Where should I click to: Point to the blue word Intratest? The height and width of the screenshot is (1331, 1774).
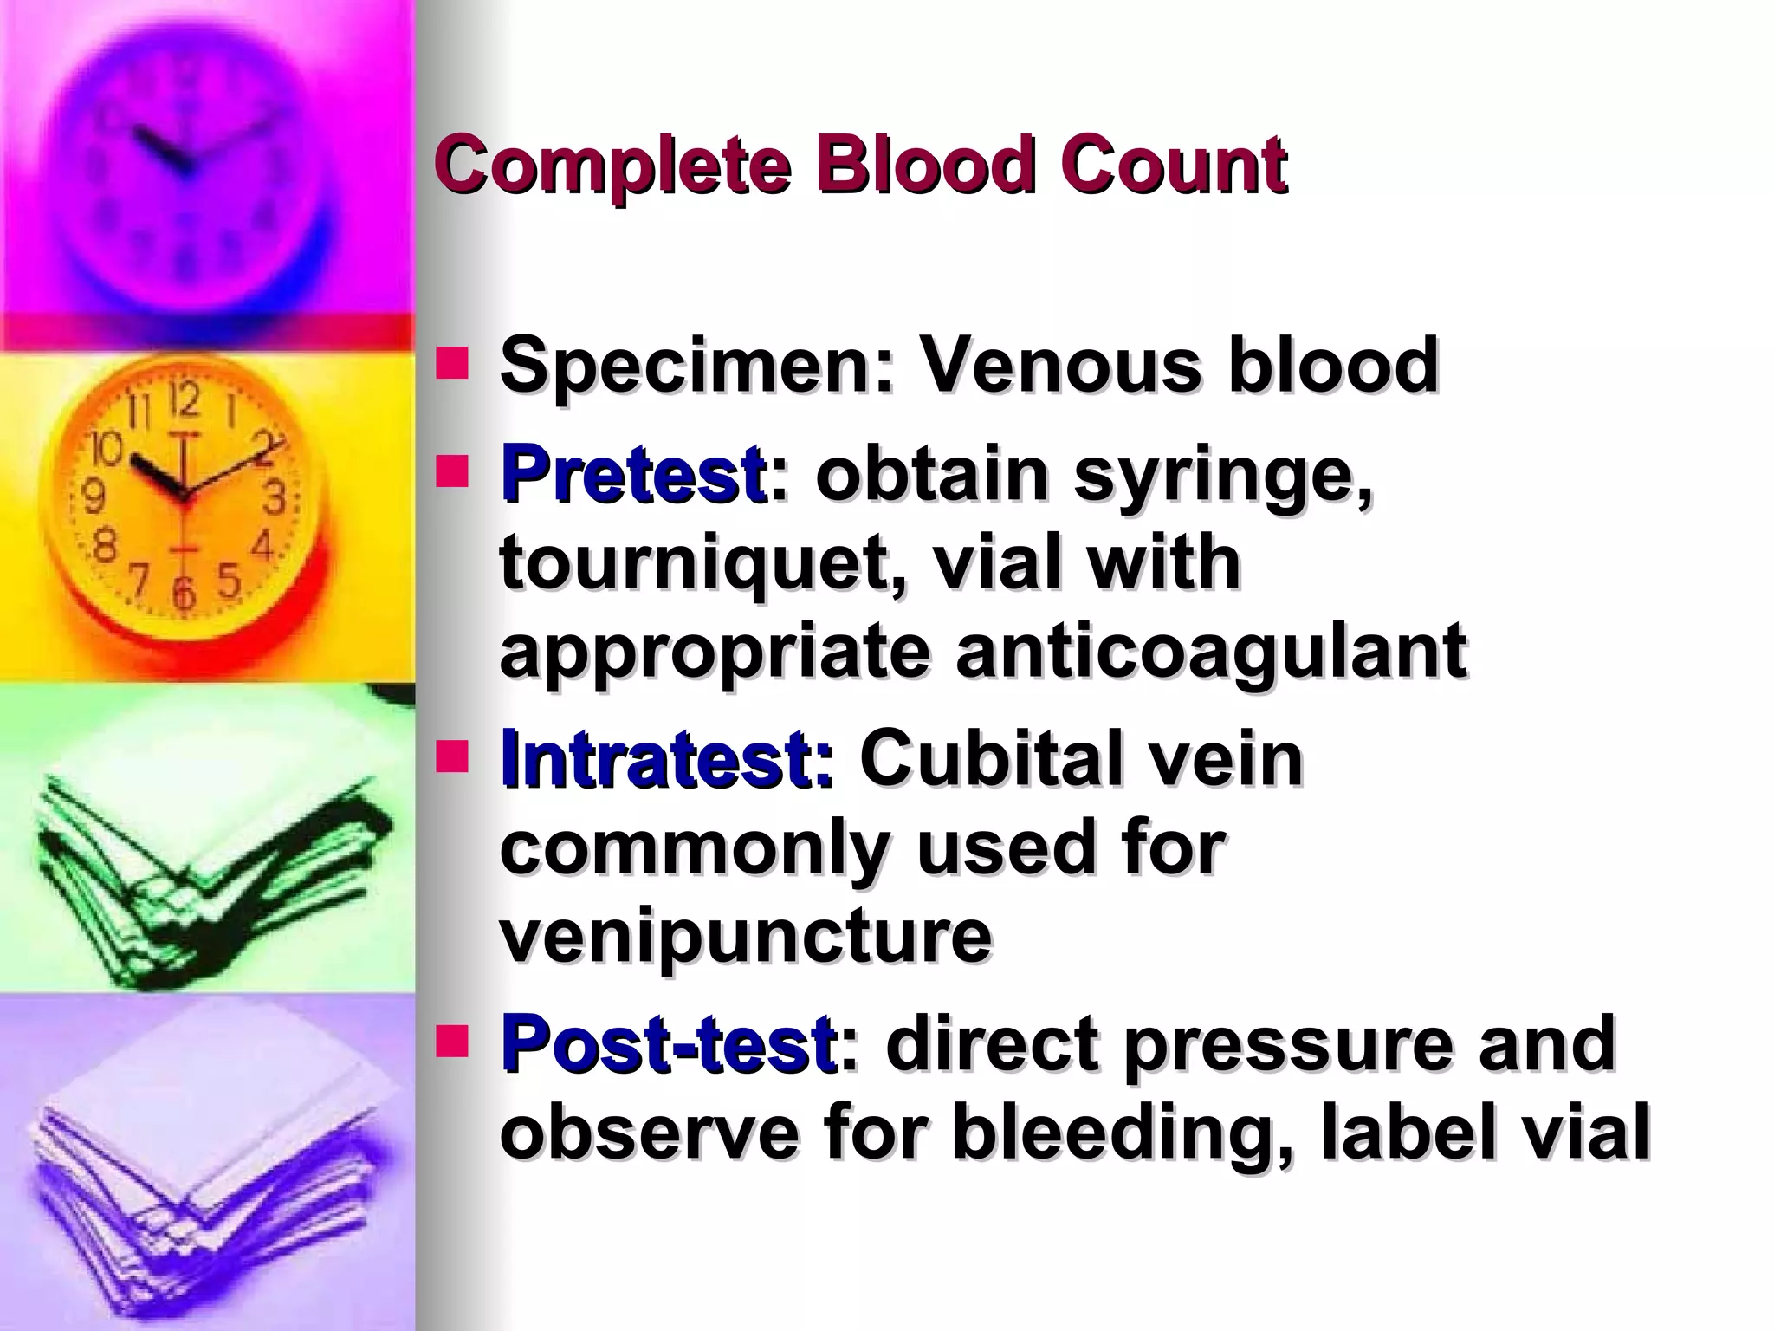click(x=666, y=759)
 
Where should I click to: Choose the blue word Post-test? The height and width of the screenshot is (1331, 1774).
click(x=668, y=1043)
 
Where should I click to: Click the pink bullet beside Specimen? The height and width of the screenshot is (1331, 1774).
click(x=451, y=363)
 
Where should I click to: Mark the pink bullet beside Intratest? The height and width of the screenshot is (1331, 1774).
click(x=451, y=756)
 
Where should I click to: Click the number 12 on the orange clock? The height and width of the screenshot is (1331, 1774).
click(x=184, y=399)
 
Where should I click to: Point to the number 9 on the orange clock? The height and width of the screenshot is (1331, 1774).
click(x=94, y=497)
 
